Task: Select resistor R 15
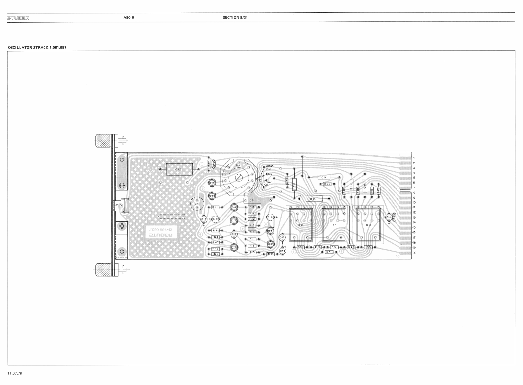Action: pyautogui.click(x=312, y=199)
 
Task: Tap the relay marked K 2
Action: pyautogui.click(x=300, y=224)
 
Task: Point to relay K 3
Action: pyautogui.click(x=368, y=224)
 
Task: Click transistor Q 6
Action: pyautogui.click(x=212, y=183)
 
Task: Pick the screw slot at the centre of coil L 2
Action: pyautogui.click(x=239, y=177)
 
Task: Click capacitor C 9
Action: pyautogui.click(x=324, y=177)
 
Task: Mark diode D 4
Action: pyautogui.click(x=329, y=252)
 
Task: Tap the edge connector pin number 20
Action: pyautogui.click(x=414, y=253)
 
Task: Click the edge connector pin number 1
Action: pyautogui.click(x=414, y=158)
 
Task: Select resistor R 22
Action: pyautogui.click(x=327, y=184)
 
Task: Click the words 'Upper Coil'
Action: pyautogui.click(x=269, y=167)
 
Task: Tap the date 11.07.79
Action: pyautogui.click(x=15, y=373)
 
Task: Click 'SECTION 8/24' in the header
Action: pyautogui.click(x=235, y=17)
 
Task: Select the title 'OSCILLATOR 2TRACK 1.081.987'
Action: pyautogui.click(x=37, y=47)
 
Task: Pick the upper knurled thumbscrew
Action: pyautogui.click(x=103, y=140)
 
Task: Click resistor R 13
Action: pyautogui.click(x=271, y=254)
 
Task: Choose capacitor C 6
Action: pyautogui.click(x=251, y=200)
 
